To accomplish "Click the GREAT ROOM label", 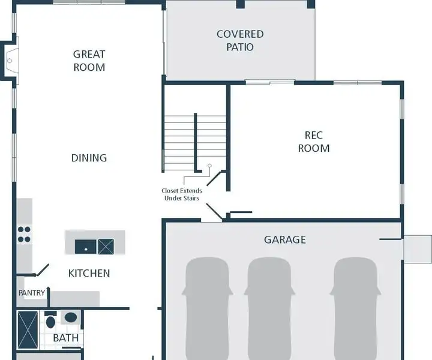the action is coord(89,61).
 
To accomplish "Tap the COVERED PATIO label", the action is coord(240,40).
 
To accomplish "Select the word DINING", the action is coord(89,158).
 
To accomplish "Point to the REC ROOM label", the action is coord(314,142).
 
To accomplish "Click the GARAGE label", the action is coord(285,239).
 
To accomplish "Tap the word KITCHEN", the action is coord(89,273).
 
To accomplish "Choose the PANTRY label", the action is coord(32,293).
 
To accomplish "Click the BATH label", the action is coord(65,338).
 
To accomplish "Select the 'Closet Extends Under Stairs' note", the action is coord(182,194).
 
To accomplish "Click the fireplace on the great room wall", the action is coord(10,61).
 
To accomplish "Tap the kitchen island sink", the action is coord(86,247).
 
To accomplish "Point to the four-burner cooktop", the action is coord(24,234).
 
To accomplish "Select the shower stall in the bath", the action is coord(28,330).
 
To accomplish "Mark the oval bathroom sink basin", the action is coord(71,317).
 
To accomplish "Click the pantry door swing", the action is coord(43,270).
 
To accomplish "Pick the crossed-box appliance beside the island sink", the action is coord(106,247).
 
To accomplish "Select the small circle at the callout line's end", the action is coord(209,166).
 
